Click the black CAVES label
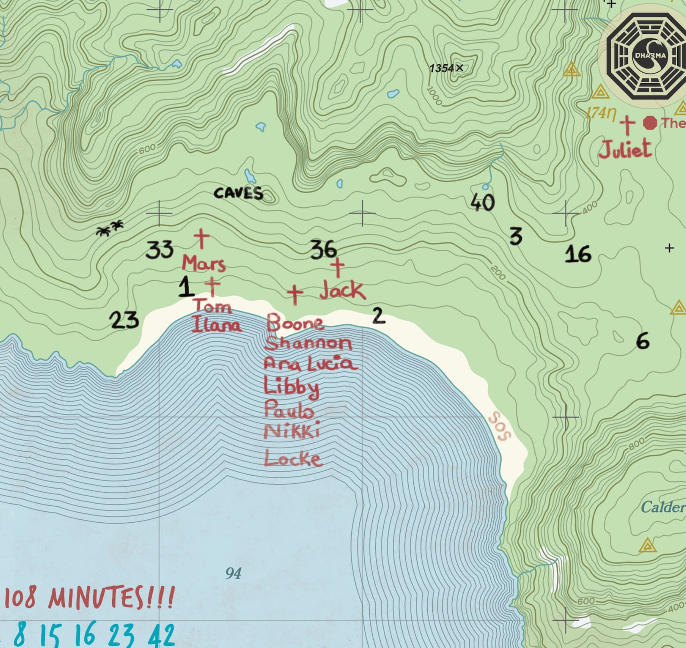[238, 193]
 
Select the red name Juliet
[625, 149]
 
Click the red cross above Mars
[201, 238]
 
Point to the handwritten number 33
[159, 250]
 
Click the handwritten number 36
[323, 250]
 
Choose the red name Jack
[343, 290]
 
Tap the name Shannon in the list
[308, 343]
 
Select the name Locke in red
[293, 458]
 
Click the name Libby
[292, 387]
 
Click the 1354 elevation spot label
[445, 68]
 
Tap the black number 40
[483, 202]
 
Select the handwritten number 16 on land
[578, 254]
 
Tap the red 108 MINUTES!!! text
[89, 598]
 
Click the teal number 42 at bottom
[162, 635]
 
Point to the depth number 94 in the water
[233, 573]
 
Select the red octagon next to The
[650, 123]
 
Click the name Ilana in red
[216, 324]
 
